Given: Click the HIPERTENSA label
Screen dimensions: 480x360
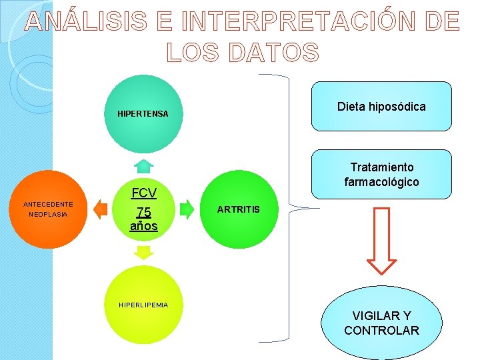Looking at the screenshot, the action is (143, 114).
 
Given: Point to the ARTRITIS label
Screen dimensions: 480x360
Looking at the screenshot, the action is (238, 210).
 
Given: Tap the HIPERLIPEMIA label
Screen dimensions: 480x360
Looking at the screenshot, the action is (143, 305).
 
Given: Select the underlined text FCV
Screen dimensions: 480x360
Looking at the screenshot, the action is (144, 193).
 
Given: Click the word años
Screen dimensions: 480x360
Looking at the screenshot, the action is (144, 226).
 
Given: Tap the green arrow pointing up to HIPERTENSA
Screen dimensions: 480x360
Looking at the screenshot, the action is (143, 166).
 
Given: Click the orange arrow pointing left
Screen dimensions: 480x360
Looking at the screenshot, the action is (100, 209).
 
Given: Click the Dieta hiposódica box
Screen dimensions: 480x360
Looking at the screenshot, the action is (381, 107).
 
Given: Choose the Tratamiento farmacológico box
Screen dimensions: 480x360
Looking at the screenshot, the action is (381, 175).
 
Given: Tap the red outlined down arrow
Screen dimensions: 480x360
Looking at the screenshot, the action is (382, 241).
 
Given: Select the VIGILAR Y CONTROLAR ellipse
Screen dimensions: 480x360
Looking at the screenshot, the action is (381, 323).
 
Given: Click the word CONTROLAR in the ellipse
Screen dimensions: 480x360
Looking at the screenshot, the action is (381, 331).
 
